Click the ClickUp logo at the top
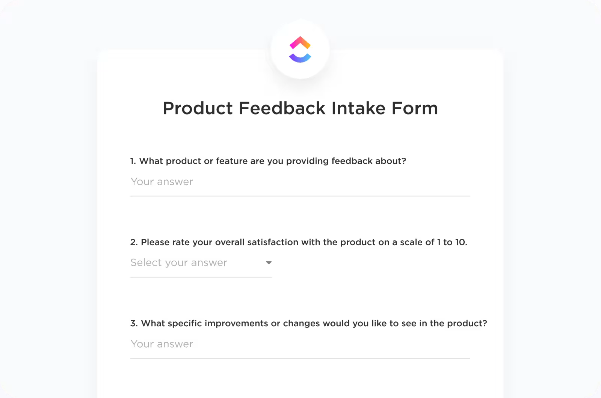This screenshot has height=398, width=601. [x=300, y=49]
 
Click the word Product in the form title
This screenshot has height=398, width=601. [x=198, y=108]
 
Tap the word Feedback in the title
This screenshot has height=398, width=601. [x=282, y=108]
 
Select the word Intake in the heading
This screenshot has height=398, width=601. [x=358, y=108]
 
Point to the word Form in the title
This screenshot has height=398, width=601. [x=415, y=108]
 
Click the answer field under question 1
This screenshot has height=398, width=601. [x=300, y=182]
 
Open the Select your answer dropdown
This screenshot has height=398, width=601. [x=201, y=262]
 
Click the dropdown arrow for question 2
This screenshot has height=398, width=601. [x=269, y=263]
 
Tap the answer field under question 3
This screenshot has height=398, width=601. [x=300, y=344]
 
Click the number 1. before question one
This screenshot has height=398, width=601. [x=133, y=161]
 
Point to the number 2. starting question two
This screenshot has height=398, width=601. [x=134, y=242]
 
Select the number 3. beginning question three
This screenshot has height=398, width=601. [x=134, y=323]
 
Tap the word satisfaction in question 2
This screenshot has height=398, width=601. [x=273, y=242]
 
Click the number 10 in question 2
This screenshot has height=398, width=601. [x=461, y=242]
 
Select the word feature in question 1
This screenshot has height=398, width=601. [x=232, y=161]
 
